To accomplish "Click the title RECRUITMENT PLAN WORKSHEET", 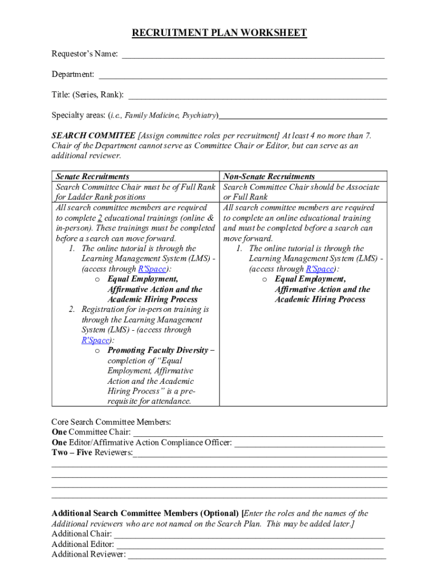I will (x=219, y=33).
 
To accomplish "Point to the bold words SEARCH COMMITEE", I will (x=94, y=136).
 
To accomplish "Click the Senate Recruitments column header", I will (x=92, y=177).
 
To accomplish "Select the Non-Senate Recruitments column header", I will (x=269, y=177).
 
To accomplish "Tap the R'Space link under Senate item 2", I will (x=95, y=340).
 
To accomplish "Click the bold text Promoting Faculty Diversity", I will (x=158, y=351).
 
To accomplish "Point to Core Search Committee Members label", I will (x=111, y=423).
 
